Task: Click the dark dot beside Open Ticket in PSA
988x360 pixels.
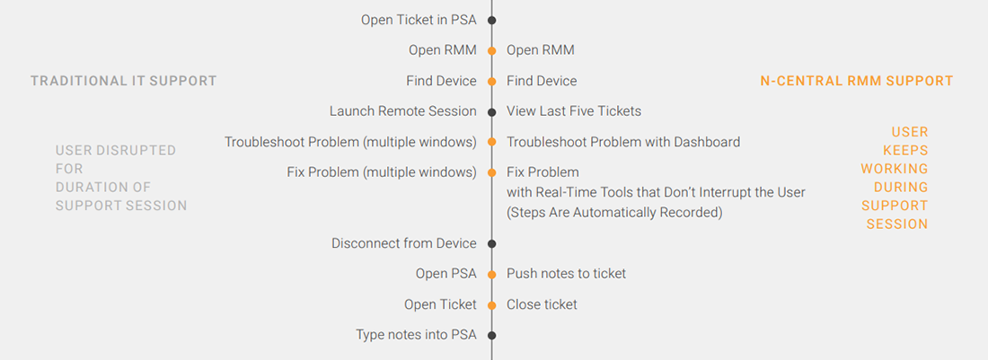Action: (x=491, y=20)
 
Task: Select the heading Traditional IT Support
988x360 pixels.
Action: (x=124, y=81)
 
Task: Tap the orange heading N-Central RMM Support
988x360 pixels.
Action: (x=856, y=81)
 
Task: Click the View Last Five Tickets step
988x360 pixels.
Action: (x=574, y=111)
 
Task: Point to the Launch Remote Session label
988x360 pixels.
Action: (x=403, y=111)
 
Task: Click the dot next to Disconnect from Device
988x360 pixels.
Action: (x=491, y=243)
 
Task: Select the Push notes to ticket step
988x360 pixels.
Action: (x=567, y=274)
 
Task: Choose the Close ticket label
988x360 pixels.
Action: (x=542, y=304)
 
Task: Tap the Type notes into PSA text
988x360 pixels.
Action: (x=416, y=335)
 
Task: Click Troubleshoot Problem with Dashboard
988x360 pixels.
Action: (x=623, y=142)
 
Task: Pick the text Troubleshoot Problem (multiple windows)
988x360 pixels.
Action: (x=350, y=142)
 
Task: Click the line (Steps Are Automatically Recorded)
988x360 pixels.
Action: (x=614, y=213)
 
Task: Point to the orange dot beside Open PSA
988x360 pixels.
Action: (x=491, y=274)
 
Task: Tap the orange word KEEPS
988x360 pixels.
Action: (x=905, y=151)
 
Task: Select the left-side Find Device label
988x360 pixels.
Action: (x=442, y=81)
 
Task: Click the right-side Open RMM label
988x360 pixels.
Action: (x=541, y=50)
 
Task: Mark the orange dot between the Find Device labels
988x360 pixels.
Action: (x=491, y=81)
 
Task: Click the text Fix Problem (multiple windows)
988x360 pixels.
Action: (x=382, y=172)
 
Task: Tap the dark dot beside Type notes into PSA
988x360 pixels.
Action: (x=491, y=335)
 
